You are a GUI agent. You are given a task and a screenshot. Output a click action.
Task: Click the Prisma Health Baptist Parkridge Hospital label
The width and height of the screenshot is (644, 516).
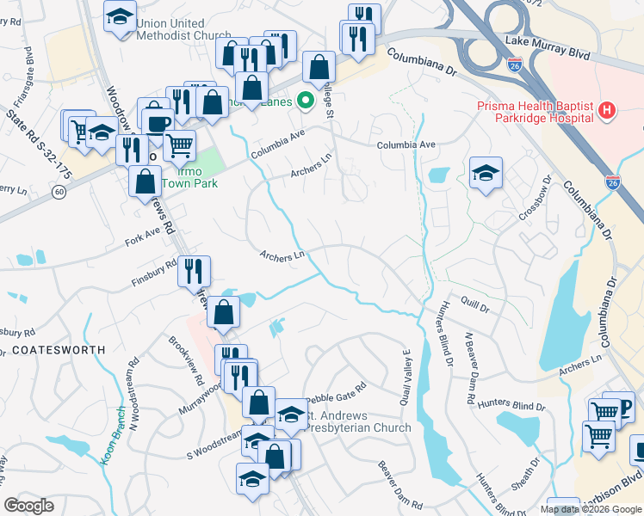(535, 111)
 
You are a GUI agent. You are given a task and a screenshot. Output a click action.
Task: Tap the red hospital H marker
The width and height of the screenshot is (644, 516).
(607, 111)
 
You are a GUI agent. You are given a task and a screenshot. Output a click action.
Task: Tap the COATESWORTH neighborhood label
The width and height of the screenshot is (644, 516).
(59, 350)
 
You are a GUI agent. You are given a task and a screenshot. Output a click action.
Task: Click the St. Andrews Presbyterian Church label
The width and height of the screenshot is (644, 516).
(353, 421)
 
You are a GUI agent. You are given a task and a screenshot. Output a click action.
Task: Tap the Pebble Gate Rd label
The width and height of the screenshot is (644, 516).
(337, 389)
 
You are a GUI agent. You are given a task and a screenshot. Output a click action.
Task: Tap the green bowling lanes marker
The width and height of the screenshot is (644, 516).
(305, 101)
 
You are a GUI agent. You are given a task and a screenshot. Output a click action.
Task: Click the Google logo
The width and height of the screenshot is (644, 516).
(29, 505)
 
